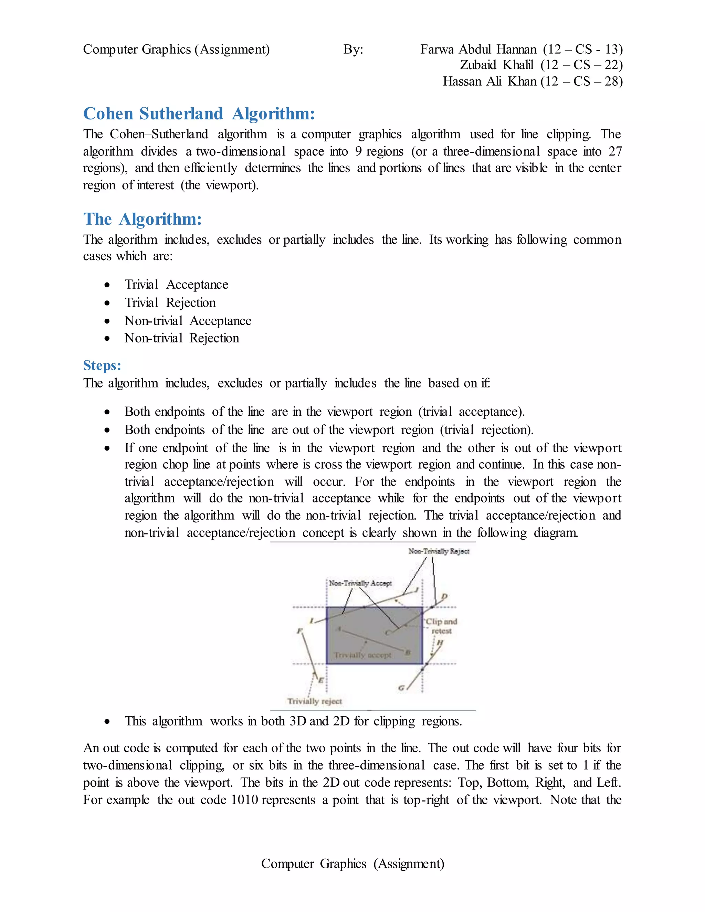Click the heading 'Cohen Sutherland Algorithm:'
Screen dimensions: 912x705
pyautogui.click(x=199, y=114)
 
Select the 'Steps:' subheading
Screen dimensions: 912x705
pyautogui.click(x=102, y=365)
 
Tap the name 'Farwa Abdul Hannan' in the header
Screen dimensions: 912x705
pyautogui.click(x=478, y=49)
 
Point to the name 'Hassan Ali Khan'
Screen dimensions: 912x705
pyautogui.click(x=489, y=81)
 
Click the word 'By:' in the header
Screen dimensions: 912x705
pyautogui.click(x=353, y=49)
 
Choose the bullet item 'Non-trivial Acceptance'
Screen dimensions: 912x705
pyautogui.click(x=188, y=321)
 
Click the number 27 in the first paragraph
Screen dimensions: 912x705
pyautogui.click(x=615, y=151)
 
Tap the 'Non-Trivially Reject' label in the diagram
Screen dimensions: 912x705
pyautogui.click(x=439, y=551)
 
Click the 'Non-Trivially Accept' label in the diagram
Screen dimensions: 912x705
pyautogui.click(x=360, y=583)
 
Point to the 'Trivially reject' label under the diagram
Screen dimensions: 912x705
pyautogui.click(x=315, y=701)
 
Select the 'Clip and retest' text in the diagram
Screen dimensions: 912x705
pyautogui.click(x=441, y=626)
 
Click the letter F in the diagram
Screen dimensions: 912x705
pyautogui.click(x=299, y=630)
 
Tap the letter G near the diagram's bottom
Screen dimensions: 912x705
pyautogui.click(x=401, y=688)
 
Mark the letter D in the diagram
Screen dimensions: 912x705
pyautogui.click(x=444, y=596)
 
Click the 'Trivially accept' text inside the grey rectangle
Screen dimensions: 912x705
pyautogui.click(x=362, y=655)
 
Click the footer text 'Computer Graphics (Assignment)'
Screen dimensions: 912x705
pyautogui.click(x=352, y=863)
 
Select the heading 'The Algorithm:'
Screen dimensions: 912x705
pyautogui.click(x=143, y=219)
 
